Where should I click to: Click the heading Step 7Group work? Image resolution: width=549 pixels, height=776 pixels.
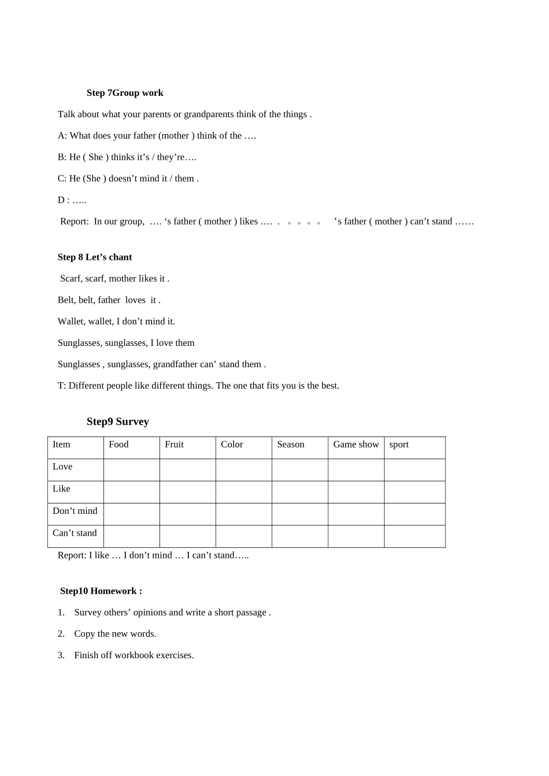point(125,93)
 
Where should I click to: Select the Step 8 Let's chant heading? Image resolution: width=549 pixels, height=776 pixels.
point(95,257)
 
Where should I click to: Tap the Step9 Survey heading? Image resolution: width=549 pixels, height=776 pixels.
point(118,421)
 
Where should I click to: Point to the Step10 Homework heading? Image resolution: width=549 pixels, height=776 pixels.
point(101,591)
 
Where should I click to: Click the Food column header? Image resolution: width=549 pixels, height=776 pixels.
point(118,445)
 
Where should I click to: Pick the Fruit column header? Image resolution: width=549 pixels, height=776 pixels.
point(174,445)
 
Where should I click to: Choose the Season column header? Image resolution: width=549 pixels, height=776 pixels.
point(290,445)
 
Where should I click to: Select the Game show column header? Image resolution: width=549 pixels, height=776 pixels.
point(355,445)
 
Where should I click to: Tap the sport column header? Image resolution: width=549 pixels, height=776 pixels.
point(399,445)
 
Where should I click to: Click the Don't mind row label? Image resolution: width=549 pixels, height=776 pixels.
point(75,511)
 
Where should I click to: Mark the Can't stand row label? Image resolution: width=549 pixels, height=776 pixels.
point(75,533)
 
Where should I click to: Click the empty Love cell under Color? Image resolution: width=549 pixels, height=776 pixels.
point(243,470)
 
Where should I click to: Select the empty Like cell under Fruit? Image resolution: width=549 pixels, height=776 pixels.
point(187,492)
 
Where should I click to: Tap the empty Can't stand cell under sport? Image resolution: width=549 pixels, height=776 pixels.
point(414,536)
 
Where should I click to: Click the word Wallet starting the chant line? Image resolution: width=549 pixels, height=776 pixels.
point(71,322)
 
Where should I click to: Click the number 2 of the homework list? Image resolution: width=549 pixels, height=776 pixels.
point(61,634)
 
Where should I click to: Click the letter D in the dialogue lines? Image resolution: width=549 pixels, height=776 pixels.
point(61,200)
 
